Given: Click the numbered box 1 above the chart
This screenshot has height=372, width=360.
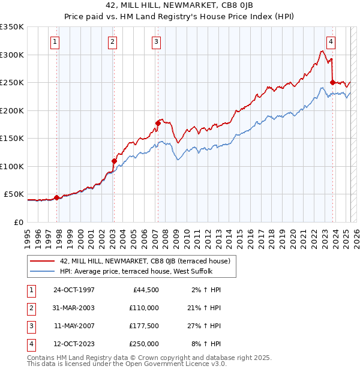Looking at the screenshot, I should click(x=55, y=41).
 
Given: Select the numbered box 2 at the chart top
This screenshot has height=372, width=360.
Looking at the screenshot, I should click(x=112, y=41).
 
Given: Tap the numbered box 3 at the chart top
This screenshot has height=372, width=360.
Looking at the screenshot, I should click(x=156, y=41).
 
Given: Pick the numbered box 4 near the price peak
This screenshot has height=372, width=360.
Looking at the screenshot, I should click(x=331, y=41).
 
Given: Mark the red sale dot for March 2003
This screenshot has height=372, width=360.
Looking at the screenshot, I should click(x=114, y=161).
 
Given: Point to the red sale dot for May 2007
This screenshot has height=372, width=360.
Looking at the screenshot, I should click(x=158, y=123).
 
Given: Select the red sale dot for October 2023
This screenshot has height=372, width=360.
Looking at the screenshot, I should click(x=332, y=82).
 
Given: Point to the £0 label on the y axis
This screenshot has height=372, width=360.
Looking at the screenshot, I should click(x=19, y=222).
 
